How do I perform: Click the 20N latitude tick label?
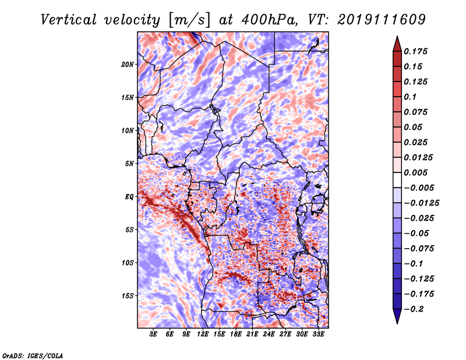coord(128,64)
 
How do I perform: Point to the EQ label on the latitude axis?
coord(129,197)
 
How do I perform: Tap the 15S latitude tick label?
coord(128,296)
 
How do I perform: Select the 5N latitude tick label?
coord(129,164)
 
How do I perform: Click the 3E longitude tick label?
coord(153,334)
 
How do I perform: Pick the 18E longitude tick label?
coord(236,334)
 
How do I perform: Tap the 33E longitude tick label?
coord(318,334)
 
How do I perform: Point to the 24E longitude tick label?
coord(269,334)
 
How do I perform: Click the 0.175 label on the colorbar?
coord(416,51)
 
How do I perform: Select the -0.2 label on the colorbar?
coord(414,309)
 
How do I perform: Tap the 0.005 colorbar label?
coord(416,172)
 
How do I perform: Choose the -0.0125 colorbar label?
coord(421,203)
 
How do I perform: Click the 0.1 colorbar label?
coord(410,97)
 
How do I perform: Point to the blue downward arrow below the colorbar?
coord(397,316)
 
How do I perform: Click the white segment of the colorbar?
coord(397,180)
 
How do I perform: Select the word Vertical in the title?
coord(69,20)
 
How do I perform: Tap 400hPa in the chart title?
coord(269,20)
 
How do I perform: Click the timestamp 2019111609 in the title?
coord(382,20)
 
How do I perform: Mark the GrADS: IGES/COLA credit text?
coord(33,356)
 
